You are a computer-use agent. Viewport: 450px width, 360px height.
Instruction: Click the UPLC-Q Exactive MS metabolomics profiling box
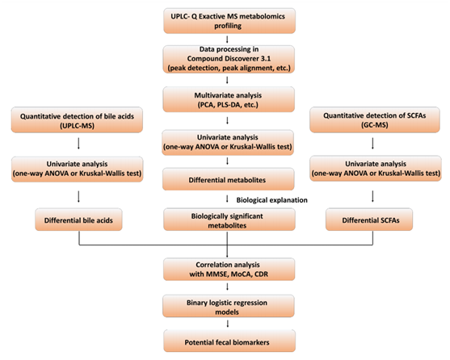click(x=229, y=21)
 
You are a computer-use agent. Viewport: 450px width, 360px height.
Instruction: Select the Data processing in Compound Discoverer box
click(x=229, y=59)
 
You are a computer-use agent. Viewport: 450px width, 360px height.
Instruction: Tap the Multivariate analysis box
click(x=229, y=99)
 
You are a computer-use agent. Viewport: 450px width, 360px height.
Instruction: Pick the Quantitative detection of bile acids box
click(x=77, y=120)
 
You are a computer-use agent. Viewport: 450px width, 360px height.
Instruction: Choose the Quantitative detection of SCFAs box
click(x=375, y=119)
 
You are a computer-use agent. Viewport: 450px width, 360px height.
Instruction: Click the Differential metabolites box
click(x=229, y=179)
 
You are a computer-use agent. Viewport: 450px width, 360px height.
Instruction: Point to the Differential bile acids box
click(x=78, y=220)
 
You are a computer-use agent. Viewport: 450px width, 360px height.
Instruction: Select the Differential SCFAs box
click(x=369, y=220)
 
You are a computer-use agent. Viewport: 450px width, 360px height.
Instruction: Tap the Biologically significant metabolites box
click(x=229, y=220)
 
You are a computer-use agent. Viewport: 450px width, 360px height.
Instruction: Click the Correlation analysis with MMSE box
click(x=229, y=269)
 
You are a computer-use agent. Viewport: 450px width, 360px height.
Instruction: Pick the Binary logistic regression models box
click(x=229, y=306)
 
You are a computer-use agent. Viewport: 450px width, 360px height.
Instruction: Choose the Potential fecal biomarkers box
click(x=229, y=341)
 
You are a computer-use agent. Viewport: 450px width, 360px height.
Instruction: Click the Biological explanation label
click(x=271, y=200)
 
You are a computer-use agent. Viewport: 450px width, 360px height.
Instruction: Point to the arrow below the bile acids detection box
click(x=78, y=144)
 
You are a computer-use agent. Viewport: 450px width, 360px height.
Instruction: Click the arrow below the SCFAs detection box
click(x=372, y=144)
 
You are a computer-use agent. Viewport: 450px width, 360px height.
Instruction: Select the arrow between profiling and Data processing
click(x=227, y=40)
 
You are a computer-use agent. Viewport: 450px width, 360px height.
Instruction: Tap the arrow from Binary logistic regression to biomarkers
click(x=228, y=324)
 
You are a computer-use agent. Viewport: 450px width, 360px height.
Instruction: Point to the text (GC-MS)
click(x=375, y=125)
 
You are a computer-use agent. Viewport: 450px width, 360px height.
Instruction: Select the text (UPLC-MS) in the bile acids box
click(x=77, y=126)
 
